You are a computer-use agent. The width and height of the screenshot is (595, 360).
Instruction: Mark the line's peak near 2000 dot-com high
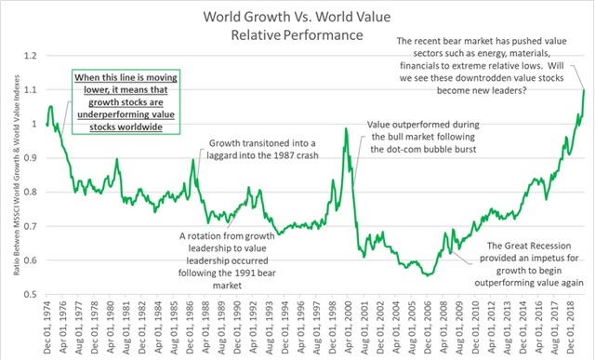(x=346, y=128)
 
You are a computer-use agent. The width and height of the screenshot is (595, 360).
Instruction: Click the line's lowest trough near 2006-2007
(x=426, y=275)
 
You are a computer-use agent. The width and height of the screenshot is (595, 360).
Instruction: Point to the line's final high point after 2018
(x=583, y=89)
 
